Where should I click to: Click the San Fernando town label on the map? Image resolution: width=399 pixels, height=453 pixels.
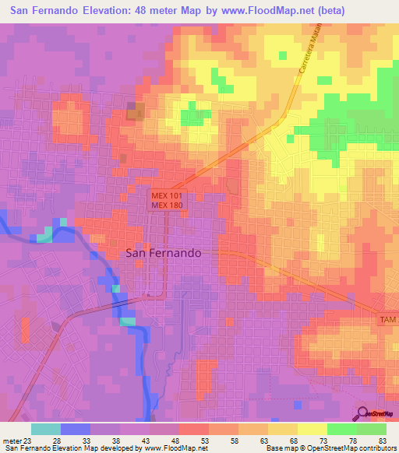coord(164,253)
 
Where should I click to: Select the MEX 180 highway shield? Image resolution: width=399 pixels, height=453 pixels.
coord(167,205)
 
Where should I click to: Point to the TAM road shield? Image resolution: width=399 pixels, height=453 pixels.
coord(388,320)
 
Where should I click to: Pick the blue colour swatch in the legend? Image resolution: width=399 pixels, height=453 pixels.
coord(76,429)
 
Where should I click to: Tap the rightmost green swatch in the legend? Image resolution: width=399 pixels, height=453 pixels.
coord(372,429)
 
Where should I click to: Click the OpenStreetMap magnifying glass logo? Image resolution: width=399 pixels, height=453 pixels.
coord(362,413)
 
